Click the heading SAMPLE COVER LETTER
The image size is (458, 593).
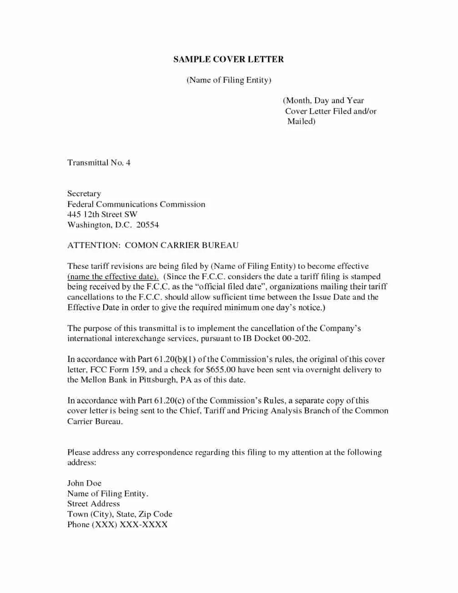228,59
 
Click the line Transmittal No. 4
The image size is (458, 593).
99,163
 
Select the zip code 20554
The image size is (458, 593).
147,225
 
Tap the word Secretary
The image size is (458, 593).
84,194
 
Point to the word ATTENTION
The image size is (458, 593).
93,246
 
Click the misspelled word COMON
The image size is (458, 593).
141,246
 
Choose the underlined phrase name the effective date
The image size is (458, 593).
113,276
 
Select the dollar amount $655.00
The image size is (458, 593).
221,370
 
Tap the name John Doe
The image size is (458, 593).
84,483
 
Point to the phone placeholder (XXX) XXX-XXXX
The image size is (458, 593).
130,525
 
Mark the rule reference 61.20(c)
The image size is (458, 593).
169,401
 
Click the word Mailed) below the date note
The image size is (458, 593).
301,121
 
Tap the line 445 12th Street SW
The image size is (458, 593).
102,214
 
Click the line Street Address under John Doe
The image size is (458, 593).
93,504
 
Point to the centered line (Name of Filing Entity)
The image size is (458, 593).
229,80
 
